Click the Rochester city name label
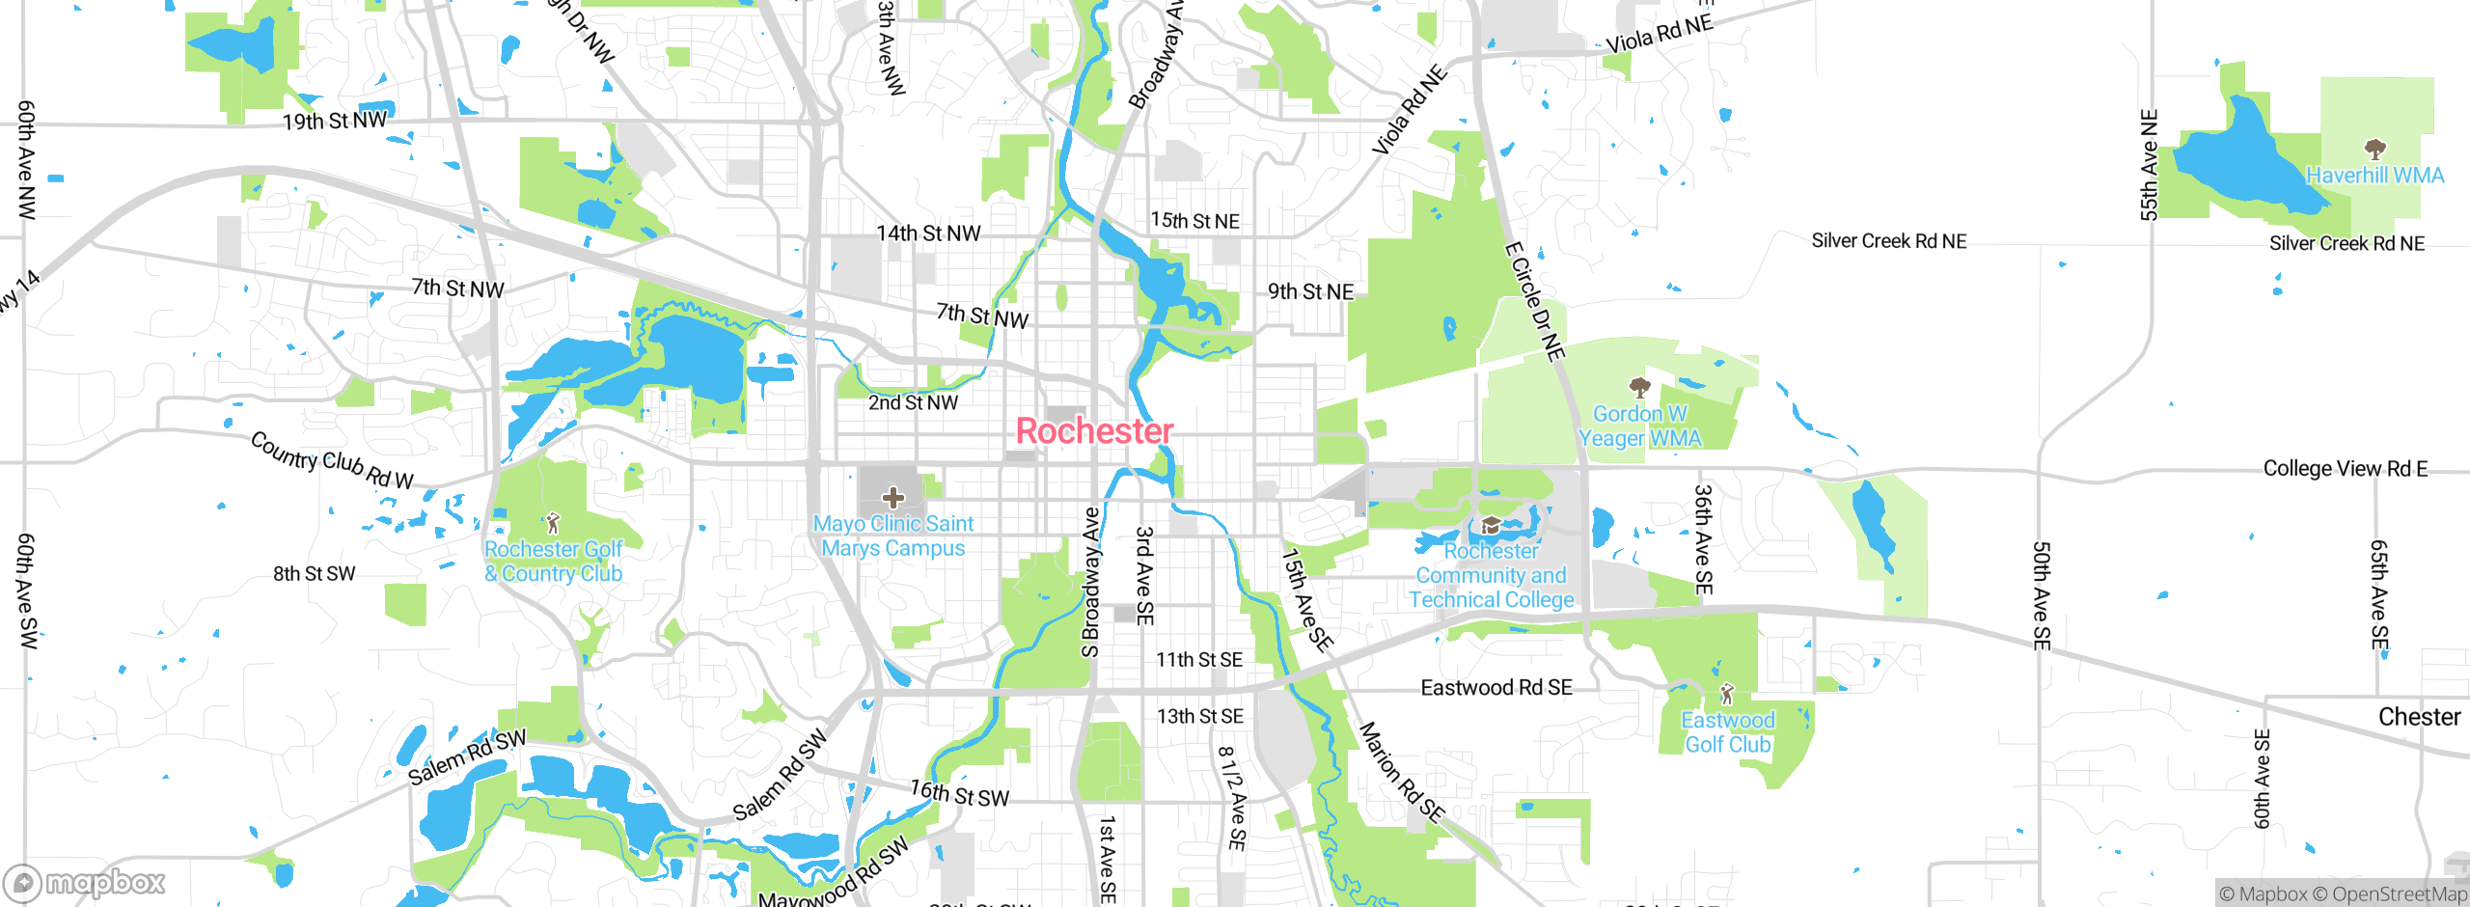[1094, 431]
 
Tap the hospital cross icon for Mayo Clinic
[893, 498]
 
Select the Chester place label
[2419, 717]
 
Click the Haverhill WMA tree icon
[2374, 149]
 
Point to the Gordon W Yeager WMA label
[1639, 426]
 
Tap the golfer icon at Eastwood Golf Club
[1727, 694]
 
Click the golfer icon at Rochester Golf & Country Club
[552, 523]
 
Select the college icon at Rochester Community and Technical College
[1491, 525]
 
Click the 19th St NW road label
[334, 121]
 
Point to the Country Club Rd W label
[332, 460]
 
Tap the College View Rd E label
[2345, 469]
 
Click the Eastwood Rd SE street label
[1496, 687]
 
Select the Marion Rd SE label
[1401, 772]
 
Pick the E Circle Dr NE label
[1534, 302]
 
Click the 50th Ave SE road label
[2042, 595]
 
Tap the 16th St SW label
[959, 794]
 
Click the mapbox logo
[85, 882]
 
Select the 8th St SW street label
[314, 573]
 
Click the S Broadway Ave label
[1090, 583]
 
